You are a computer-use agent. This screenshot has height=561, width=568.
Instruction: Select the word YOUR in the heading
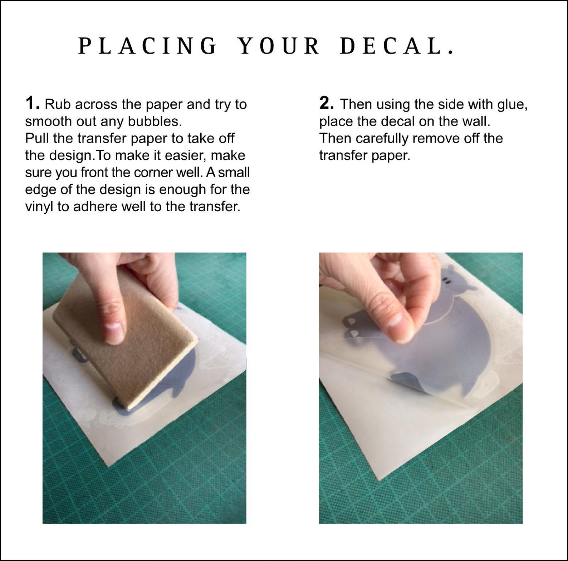[x=279, y=46]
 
